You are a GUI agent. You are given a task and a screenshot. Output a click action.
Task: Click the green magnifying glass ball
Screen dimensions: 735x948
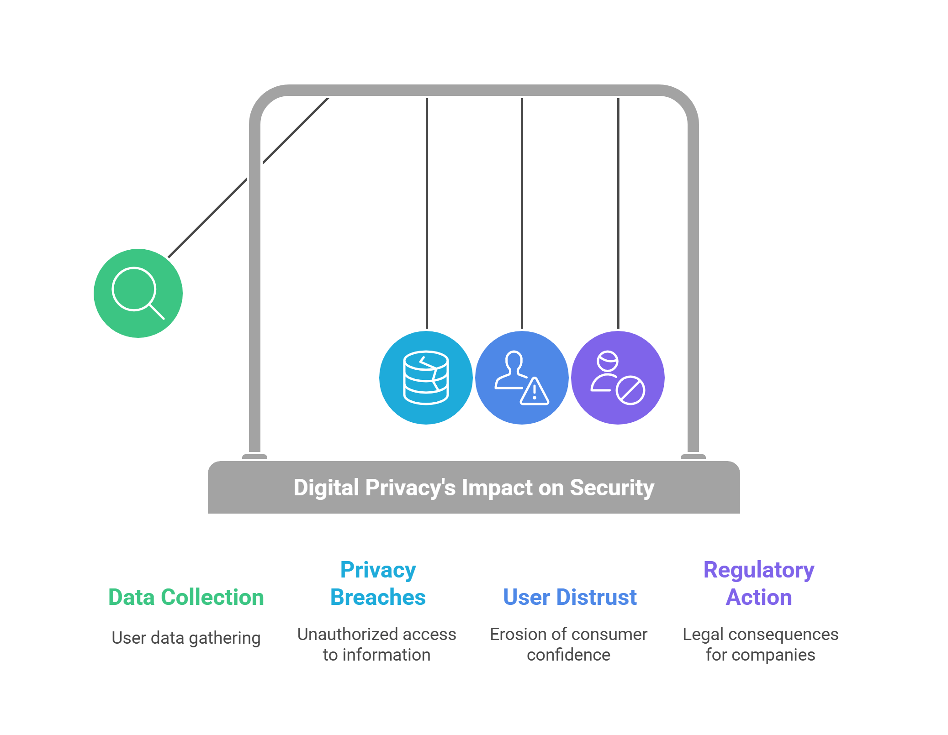[x=138, y=293]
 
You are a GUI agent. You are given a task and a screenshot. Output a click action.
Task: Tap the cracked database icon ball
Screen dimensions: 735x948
[x=426, y=378]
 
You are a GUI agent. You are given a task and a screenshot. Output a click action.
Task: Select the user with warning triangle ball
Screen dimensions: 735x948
[x=522, y=378]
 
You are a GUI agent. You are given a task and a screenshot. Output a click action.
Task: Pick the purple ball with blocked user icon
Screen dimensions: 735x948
[x=618, y=378]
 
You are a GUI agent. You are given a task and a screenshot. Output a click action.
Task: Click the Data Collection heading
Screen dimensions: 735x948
[x=186, y=597]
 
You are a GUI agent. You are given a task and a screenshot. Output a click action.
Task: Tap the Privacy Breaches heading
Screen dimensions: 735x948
[x=378, y=583]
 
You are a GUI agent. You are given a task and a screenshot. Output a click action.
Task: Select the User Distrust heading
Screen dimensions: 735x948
[x=569, y=597]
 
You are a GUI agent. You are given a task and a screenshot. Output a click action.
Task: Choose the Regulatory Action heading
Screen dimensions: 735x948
[x=758, y=583]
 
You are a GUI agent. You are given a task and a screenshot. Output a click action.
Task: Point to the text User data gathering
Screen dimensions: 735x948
[x=186, y=638]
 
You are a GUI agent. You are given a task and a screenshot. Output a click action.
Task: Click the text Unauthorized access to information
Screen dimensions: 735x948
[x=376, y=644]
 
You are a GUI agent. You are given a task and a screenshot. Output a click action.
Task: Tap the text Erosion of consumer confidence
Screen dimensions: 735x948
[x=568, y=644]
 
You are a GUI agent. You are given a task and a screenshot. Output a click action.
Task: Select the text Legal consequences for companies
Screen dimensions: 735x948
[x=760, y=644]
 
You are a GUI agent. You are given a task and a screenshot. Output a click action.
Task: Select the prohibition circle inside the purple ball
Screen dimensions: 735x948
[x=630, y=390]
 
